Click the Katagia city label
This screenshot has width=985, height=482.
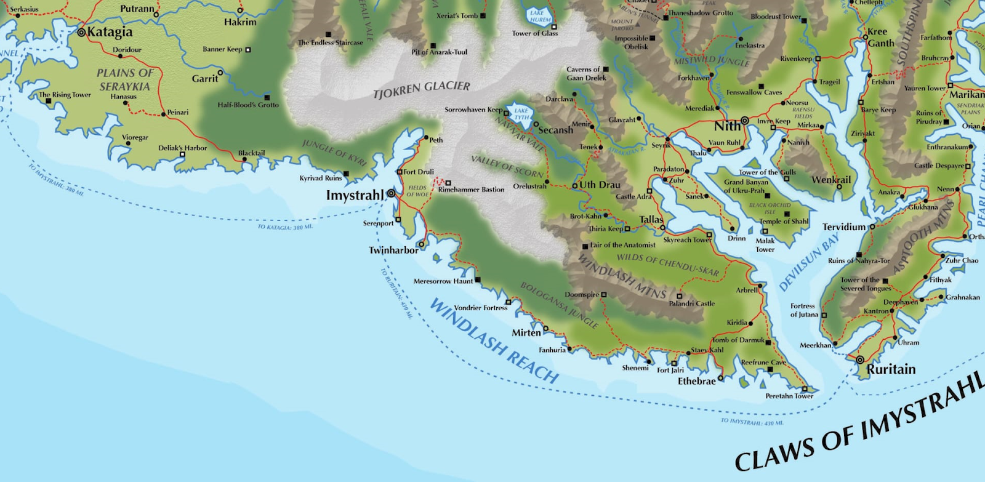(x=110, y=32)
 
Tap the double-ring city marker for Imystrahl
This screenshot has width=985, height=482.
(x=391, y=194)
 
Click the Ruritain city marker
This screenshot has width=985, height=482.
(x=860, y=359)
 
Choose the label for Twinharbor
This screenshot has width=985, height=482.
(x=393, y=250)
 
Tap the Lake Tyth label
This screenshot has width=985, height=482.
(x=521, y=114)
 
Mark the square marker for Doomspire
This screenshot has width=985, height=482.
(x=604, y=295)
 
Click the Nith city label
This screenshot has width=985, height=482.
(x=727, y=126)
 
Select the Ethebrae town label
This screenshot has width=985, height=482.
(x=696, y=381)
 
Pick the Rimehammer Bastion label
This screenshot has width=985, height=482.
(x=471, y=190)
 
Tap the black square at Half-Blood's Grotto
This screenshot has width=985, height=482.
(x=267, y=97)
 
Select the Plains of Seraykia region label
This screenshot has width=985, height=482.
(x=125, y=80)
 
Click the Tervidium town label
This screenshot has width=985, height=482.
(x=843, y=227)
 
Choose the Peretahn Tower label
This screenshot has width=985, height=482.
(x=789, y=396)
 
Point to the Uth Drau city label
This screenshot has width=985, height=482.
(x=600, y=185)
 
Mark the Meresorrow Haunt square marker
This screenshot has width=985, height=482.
(x=478, y=280)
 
